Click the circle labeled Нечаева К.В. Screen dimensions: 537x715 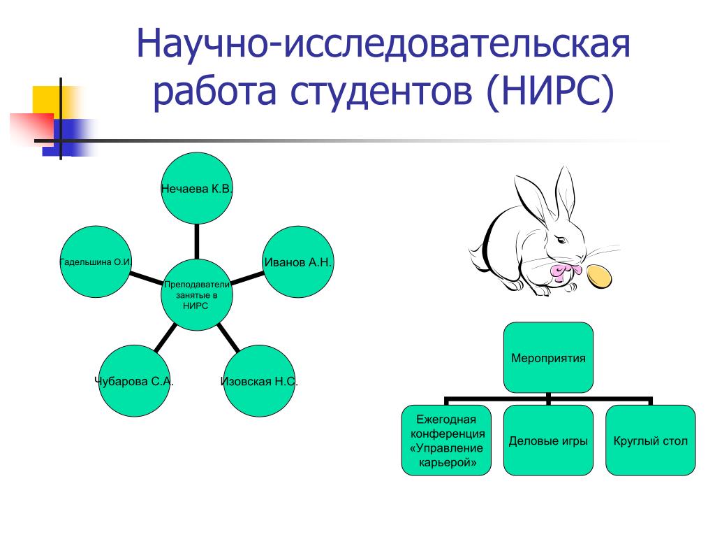point(196,188)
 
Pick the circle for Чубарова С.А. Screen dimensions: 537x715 point(134,381)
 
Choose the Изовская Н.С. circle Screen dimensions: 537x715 point(259,381)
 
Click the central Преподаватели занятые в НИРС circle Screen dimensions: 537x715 point(196,294)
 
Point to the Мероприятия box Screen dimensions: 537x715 point(548,357)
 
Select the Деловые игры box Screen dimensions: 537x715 point(548,441)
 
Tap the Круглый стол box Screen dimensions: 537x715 point(650,441)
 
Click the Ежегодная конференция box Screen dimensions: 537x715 point(446,441)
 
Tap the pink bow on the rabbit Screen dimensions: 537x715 point(565,270)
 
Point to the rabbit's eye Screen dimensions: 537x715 point(562,241)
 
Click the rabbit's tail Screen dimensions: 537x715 point(476,249)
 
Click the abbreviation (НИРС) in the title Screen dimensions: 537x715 point(549,93)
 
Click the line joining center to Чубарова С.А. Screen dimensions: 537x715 point(164,338)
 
